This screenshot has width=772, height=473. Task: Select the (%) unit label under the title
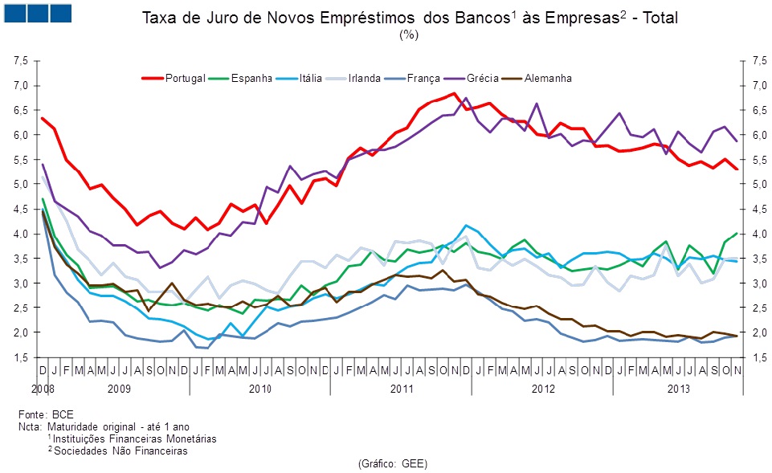409,35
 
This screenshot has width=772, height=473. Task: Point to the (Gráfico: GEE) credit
393,464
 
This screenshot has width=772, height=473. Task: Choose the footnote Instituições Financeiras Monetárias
135,439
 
